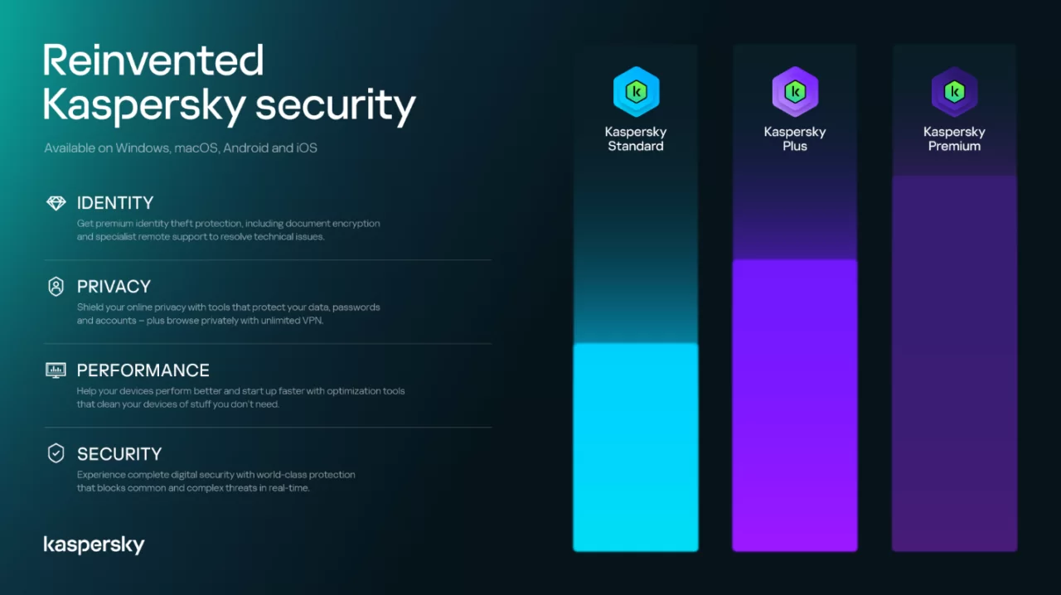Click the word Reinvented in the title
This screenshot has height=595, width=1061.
click(153, 60)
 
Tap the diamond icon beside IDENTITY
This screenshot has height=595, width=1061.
click(56, 203)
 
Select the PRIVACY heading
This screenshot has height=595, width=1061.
click(114, 287)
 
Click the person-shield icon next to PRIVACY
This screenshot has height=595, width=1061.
click(56, 287)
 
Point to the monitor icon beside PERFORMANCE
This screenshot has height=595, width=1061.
click(56, 370)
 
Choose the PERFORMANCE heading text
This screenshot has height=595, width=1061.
click(143, 370)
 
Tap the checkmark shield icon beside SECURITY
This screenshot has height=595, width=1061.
click(56, 453)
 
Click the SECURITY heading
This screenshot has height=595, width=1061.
click(119, 454)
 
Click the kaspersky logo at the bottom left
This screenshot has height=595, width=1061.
click(94, 544)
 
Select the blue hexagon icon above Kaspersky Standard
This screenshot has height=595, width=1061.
click(636, 91)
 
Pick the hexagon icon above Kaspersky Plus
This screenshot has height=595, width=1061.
click(795, 91)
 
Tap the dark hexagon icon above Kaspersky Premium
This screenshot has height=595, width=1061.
click(954, 91)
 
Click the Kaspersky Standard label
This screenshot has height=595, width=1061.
click(636, 139)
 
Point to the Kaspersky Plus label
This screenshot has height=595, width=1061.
click(795, 139)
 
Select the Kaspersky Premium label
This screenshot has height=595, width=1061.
click(954, 139)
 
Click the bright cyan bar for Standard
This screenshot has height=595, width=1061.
click(636, 447)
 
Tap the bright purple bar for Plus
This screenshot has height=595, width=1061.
click(795, 406)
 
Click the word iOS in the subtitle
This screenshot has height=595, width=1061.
click(307, 148)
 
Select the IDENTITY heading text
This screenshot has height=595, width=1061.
click(115, 203)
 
